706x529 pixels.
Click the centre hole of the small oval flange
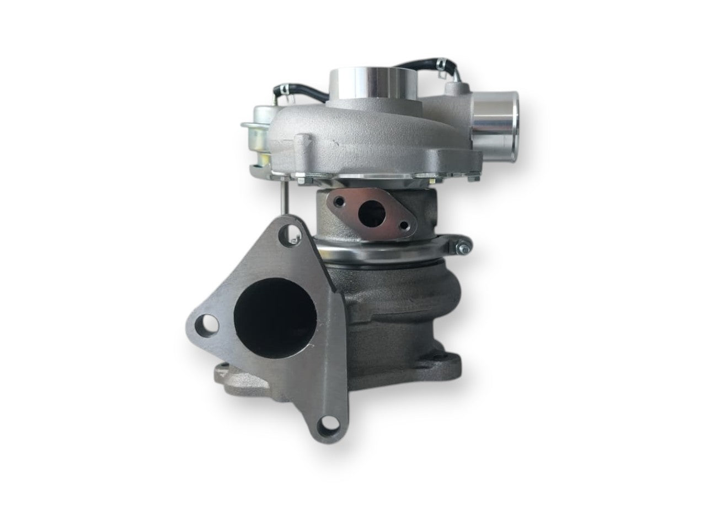click(366, 213)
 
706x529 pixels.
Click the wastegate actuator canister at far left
click(259, 135)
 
